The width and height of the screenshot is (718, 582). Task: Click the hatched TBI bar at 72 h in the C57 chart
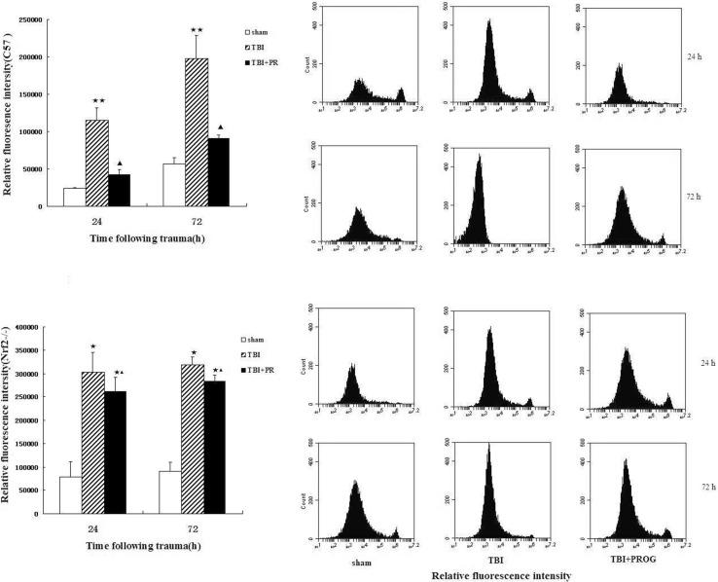pyautogui.click(x=197, y=132)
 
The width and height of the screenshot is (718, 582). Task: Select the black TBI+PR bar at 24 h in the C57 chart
pyautogui.click(x=120, y=191)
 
